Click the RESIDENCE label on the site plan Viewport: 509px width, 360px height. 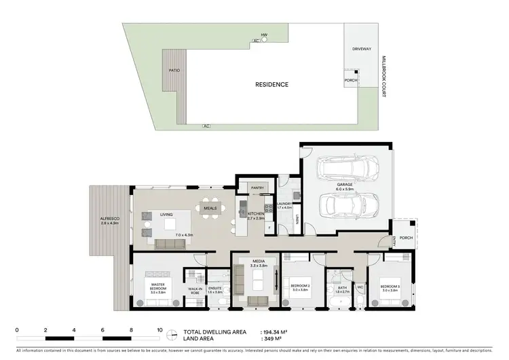pyautogui.click(x=271, y=85)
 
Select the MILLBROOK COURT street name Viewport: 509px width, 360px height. pyautogui.click(x=383, y=75)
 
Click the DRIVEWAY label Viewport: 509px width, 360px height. pyautogui.click(x=360, y=49)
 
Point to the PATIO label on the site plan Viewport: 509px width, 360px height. pyautogui.click(x=174, y=70)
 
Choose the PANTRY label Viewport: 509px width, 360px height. pyautogui.click(x=257, y=187)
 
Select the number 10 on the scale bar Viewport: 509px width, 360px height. pyautogui.click(x=159, y=329)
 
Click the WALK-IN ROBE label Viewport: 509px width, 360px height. pyautogui.click(x=195, y=290)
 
